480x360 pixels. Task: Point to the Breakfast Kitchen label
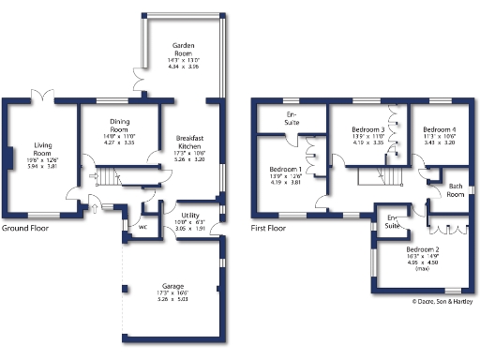[189, 143]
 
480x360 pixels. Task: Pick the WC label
[142, 226]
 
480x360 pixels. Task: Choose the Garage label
[172, 287]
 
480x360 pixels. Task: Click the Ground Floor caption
[26, 228]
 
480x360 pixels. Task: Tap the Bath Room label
[456, 190]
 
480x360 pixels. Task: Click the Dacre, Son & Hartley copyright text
[444, 301]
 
